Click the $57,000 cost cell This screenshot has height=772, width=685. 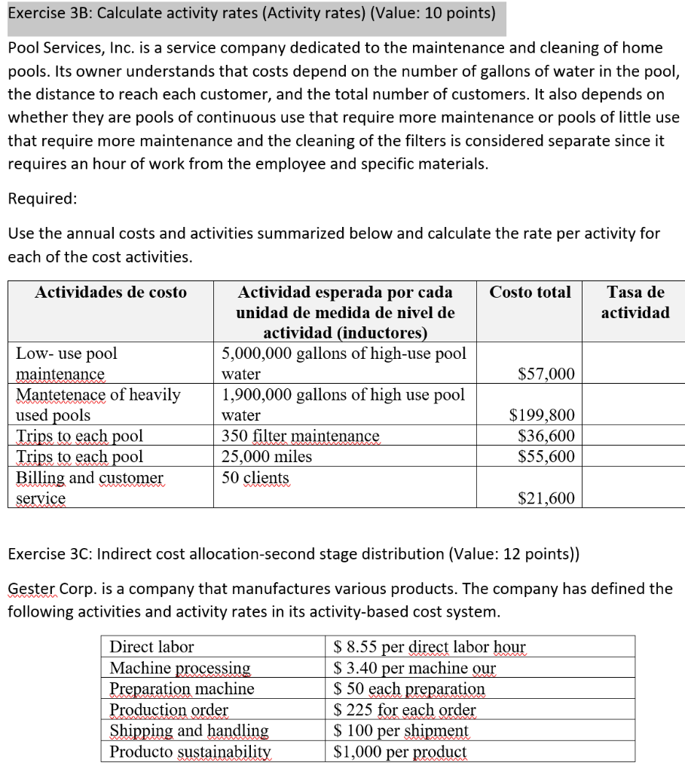click(546, 374)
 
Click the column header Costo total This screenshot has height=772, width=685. click(530, 292)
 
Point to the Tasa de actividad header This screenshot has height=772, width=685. click(635, 302)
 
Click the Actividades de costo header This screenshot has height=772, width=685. click(111, 293)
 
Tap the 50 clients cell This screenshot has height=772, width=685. click(255, 477)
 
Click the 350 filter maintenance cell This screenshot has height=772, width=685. click(300, 436)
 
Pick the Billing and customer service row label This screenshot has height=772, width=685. click(89, 488)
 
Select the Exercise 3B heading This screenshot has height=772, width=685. click(251, 13)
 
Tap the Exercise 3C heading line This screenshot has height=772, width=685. click(293, 553)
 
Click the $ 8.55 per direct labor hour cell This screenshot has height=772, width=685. click(430, 647)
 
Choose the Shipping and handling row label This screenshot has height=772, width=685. click(189, 731)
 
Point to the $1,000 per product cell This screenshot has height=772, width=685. click(400, 752)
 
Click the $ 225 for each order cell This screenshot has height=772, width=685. click(405, 710)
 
